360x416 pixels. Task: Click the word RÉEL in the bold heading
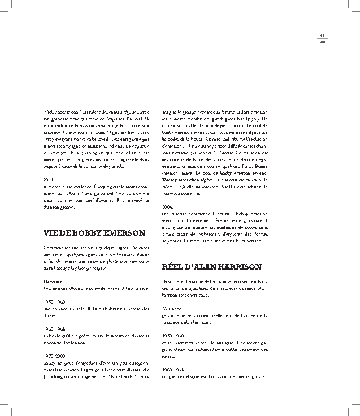pos(174,266)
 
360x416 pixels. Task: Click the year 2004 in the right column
pos(167,207)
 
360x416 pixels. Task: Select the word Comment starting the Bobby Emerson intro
pos(54,248)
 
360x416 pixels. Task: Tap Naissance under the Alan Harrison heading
pos(172,309)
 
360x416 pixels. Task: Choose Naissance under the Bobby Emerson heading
pos(54,280)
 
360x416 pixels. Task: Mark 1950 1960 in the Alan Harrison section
pos(172,336)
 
